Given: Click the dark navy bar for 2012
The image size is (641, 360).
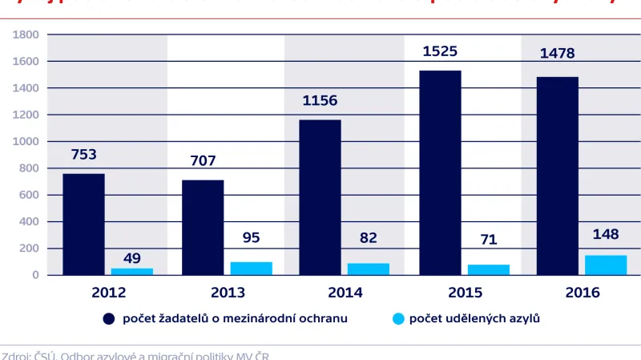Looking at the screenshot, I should (83, 224).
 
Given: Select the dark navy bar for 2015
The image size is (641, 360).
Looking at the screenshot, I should (440, 172).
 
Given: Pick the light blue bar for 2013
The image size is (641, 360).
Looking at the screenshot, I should (250, 268).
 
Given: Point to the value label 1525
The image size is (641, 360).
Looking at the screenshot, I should (440, 51).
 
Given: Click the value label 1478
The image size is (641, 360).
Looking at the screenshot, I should (558, 55).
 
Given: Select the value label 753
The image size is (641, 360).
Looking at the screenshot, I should (83, 155).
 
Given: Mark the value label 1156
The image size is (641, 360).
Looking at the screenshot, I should (320, 100).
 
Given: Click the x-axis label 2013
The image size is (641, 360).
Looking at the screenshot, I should (228, 293).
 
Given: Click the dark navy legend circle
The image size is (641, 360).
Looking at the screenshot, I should (109, 319).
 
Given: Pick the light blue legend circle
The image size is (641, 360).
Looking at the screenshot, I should (396, 319).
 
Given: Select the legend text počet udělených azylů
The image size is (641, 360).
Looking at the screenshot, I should (474, 319).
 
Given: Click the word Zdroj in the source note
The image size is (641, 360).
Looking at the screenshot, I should (16, 355).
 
